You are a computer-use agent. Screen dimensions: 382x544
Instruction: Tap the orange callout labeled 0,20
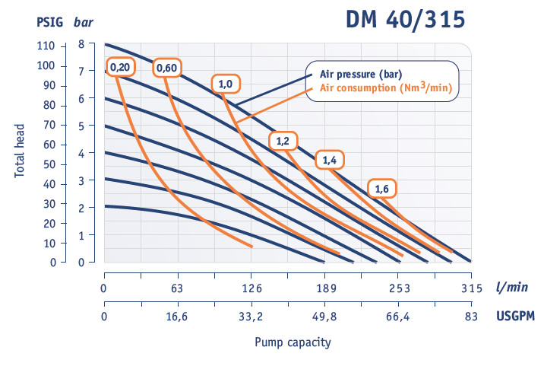(119, 68)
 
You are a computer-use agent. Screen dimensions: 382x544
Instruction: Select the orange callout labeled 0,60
(166, 68)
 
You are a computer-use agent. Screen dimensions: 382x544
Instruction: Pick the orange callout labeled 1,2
(283, 141)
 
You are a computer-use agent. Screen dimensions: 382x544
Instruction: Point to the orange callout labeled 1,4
(330, 160)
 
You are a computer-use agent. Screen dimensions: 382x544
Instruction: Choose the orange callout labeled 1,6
(381, 188)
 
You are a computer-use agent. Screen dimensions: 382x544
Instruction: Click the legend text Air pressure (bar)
(360, 74)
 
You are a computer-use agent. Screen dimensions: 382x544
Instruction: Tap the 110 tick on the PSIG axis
(46, 46)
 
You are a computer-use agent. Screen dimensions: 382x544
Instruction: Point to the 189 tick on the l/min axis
(324, 289)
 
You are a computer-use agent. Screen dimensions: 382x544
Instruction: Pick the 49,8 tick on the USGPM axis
(324, 317)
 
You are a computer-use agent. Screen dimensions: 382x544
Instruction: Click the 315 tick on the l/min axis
(472, 289)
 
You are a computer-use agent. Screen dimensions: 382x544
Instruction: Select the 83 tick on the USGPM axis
(472, 317)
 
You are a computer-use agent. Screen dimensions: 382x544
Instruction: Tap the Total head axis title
(20, 152)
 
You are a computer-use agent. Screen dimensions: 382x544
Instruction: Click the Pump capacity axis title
(293, 342)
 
